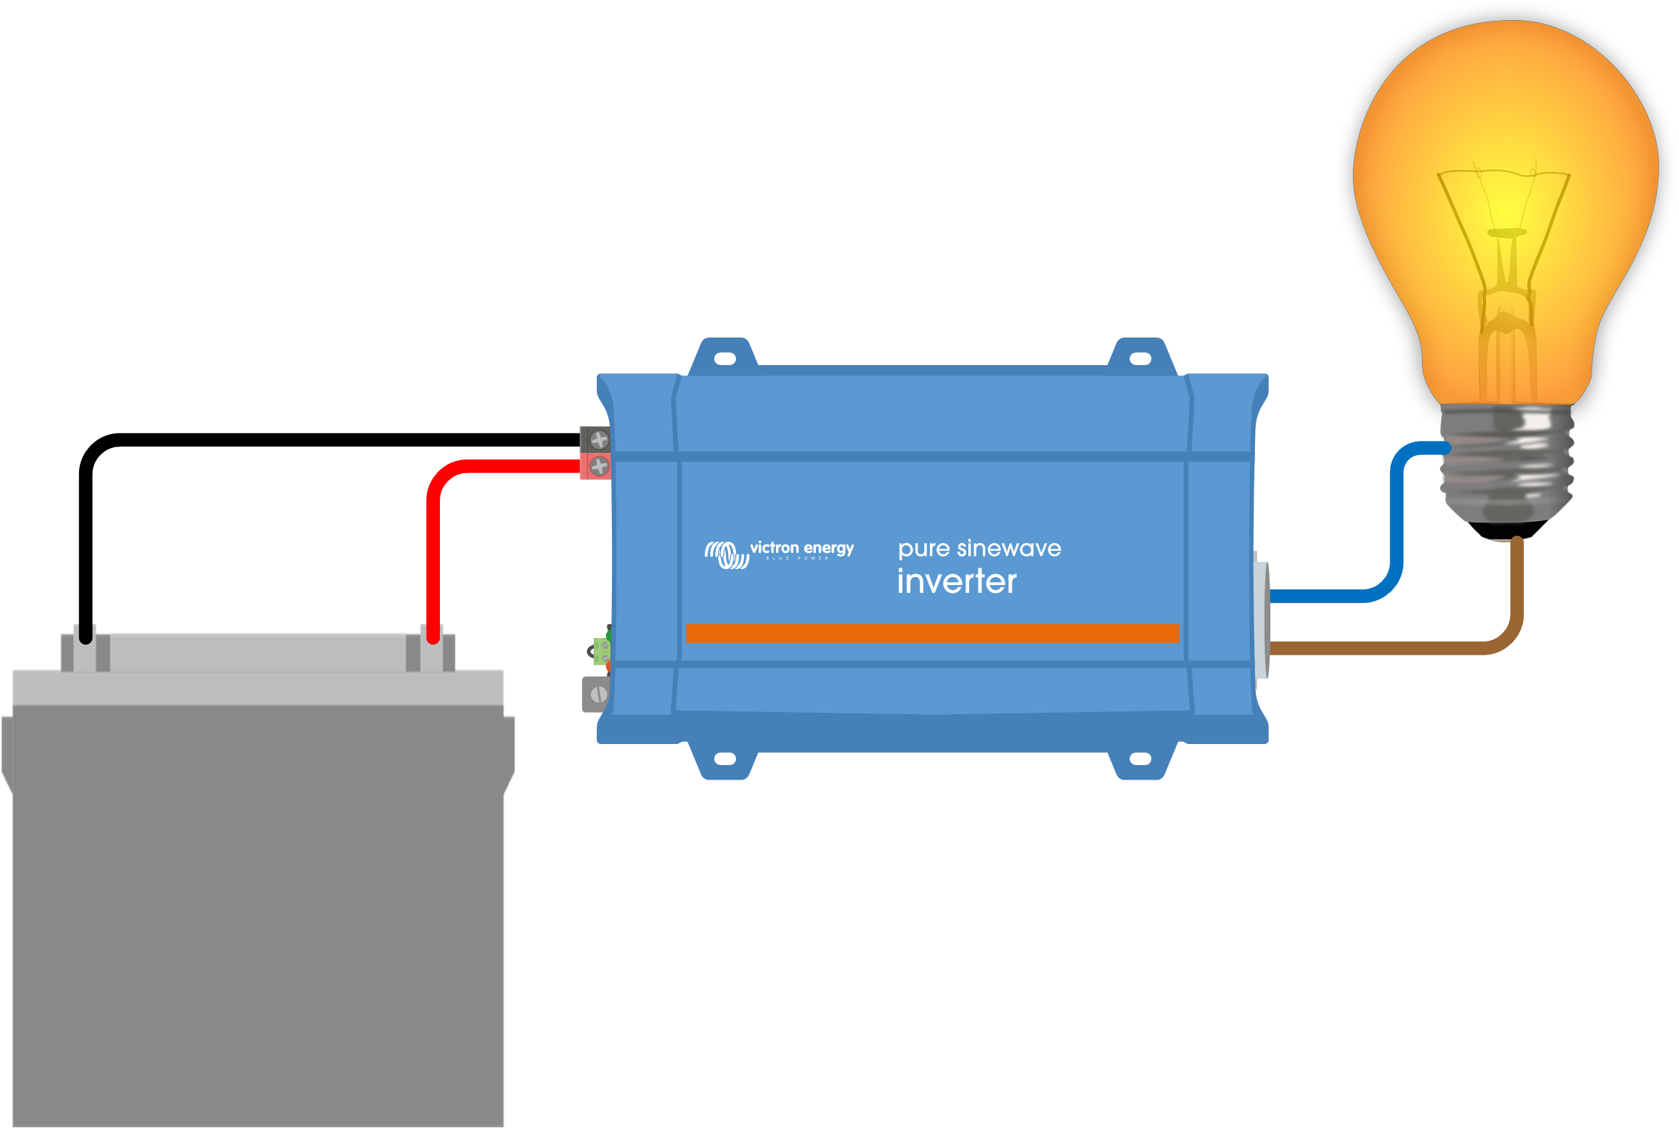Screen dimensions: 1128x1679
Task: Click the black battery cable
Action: click(327, 440)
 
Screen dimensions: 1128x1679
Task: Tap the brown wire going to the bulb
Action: click(1379, 647)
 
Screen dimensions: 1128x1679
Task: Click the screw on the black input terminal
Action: click(599, 439)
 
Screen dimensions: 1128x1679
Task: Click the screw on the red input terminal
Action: click(599, 466)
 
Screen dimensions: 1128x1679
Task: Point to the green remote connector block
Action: click(602, 651)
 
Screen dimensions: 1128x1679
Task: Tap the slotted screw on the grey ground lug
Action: click(598, 695)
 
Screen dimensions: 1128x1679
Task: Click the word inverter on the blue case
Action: click(956, 581)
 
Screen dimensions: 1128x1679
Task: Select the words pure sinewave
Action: click(979, 548)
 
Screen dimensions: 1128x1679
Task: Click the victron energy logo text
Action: click(801, 548)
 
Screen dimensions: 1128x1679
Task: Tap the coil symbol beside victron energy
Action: click(726, 555)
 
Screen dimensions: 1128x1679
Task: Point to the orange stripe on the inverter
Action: click(932, 633)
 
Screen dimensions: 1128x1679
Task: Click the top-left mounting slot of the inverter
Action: click(725, 359)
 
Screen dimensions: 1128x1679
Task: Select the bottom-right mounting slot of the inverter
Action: click(1140, 759)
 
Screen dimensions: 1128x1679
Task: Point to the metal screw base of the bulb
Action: click(1506, 465)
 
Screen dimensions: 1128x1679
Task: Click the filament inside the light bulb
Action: click(1506, 232)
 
